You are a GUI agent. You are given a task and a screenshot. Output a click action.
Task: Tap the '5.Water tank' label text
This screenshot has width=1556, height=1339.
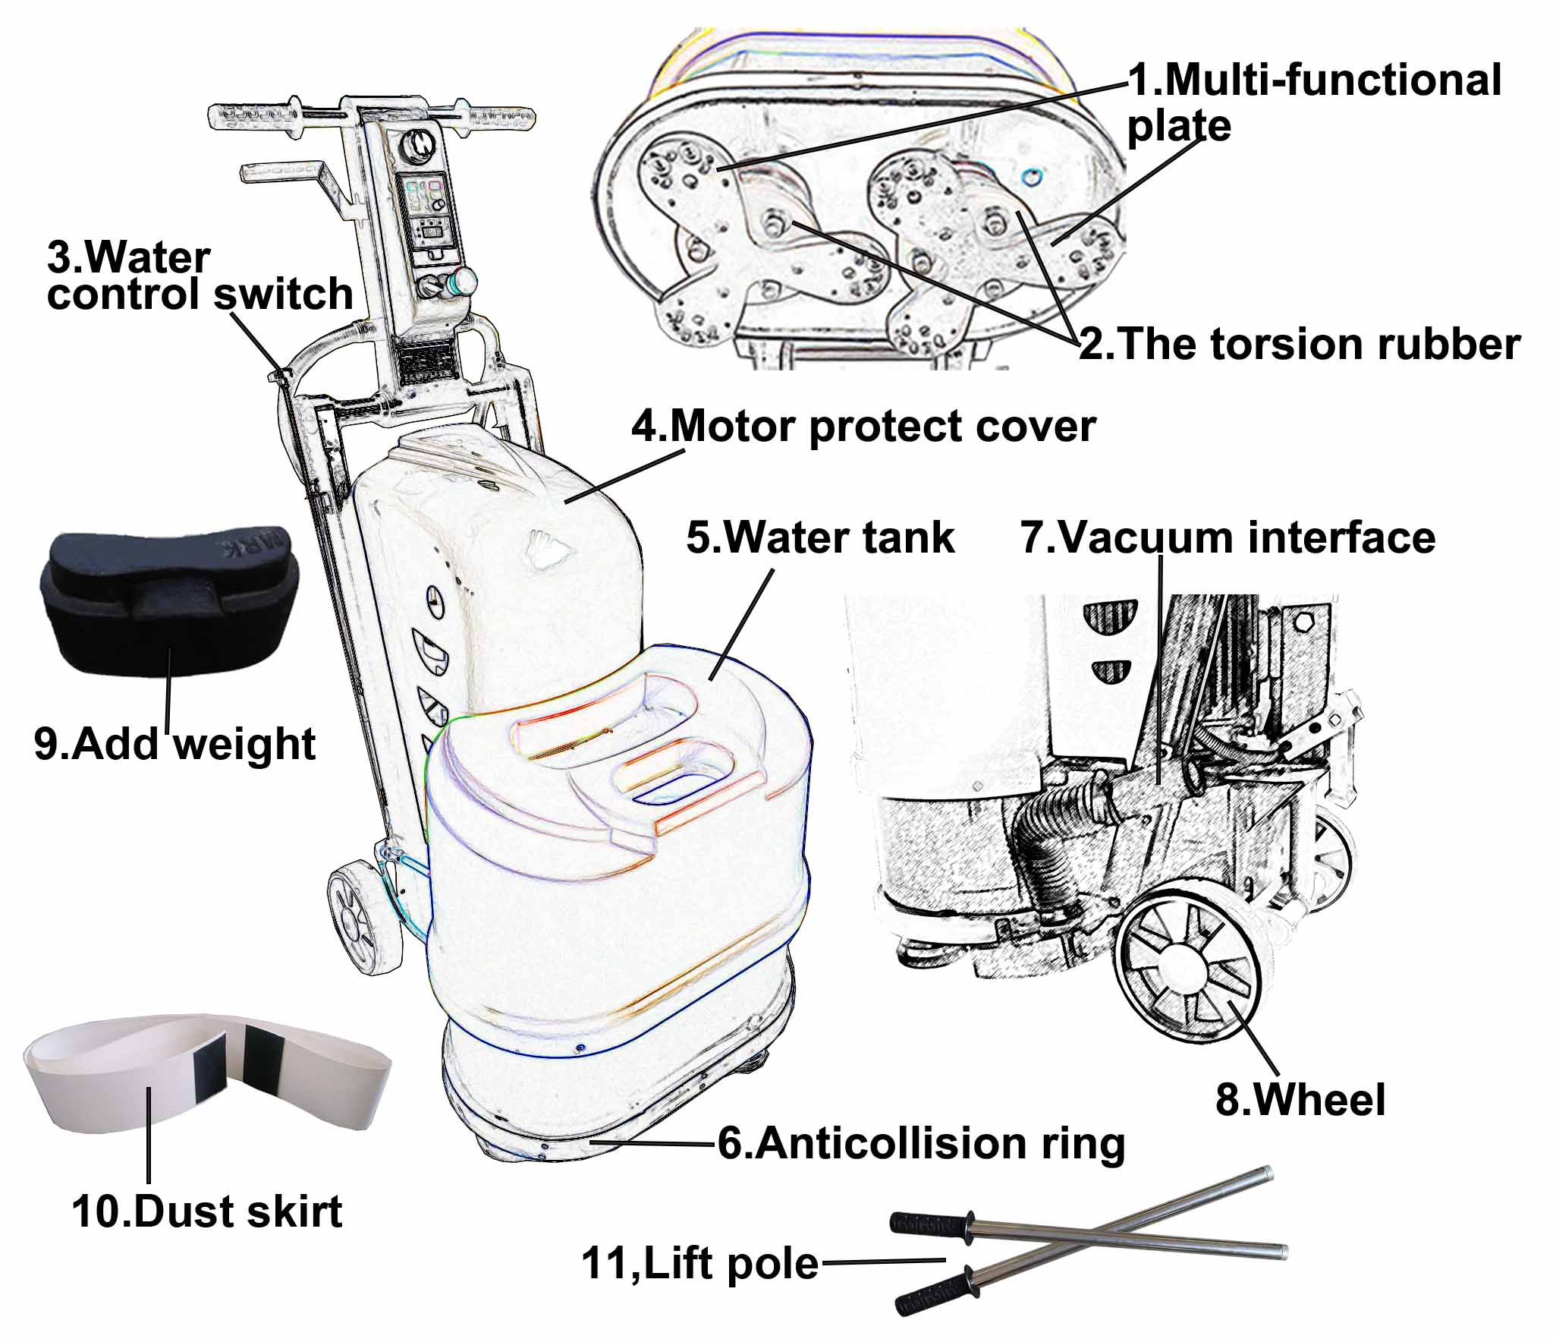820,537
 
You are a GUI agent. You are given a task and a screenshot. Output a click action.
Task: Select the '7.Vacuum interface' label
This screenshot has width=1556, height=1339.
1228,537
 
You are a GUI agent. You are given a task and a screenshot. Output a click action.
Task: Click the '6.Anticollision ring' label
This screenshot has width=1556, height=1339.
921,1143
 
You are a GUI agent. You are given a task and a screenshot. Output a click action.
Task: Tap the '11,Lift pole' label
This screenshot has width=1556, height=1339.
699,1264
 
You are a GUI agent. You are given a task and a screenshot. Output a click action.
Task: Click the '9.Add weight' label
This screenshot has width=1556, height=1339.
174,743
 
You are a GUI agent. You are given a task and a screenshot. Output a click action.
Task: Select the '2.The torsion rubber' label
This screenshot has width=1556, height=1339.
1300,344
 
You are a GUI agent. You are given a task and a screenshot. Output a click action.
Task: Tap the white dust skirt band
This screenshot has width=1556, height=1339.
206,1069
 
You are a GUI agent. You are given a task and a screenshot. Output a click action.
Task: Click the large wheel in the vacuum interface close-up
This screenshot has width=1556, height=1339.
1188,973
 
